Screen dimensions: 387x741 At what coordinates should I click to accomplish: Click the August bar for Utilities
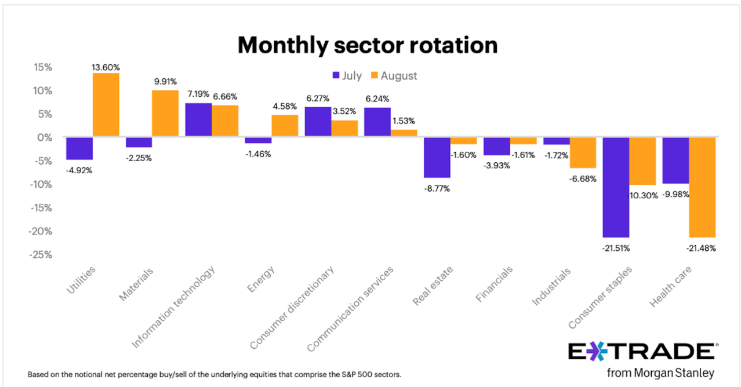[106, 105]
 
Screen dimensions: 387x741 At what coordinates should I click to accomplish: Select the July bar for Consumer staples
[616, 187]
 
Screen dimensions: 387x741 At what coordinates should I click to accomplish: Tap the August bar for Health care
[702, 187]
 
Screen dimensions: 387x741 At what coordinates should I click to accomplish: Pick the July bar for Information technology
[198, 120]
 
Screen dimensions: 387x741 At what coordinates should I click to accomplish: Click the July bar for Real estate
[437, 157]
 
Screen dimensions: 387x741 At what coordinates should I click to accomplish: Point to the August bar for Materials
[165, 114]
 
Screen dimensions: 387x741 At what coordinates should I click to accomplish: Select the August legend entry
[394, 75]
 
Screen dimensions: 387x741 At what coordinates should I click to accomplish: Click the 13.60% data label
[106, 67]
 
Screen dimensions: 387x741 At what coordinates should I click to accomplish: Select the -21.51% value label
[616, 248]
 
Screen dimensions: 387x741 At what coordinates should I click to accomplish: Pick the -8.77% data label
[437, 188]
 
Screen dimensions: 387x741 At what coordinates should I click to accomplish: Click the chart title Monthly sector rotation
[368, 45]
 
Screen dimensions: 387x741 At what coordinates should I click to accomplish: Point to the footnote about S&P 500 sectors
[215, 374]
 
